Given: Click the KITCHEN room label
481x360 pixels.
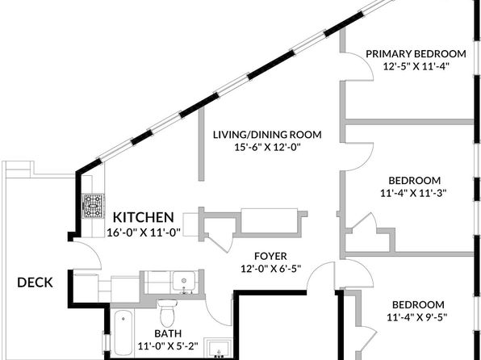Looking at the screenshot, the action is pos(144,217).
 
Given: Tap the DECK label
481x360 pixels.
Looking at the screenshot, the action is pos(35,283).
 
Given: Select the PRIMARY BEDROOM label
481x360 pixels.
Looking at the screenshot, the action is pos(416,54).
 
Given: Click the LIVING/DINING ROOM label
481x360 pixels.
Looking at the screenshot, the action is pos(267,135).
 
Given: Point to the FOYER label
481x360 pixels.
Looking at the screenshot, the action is pos(270,256).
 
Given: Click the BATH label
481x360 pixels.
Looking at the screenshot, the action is pos(168,333).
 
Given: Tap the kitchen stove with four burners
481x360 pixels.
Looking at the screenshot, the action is pos(94,206).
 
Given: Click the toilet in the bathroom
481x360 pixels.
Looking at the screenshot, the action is pos(167,312).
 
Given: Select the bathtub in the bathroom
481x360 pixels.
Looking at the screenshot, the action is pos(123,333).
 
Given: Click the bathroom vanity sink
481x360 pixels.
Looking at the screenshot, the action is pos(219,349).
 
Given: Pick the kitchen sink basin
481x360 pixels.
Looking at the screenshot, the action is pos(183,281).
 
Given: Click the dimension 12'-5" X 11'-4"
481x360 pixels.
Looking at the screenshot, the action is pos(416,66).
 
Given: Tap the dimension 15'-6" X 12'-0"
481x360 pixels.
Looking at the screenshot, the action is pos(267,148).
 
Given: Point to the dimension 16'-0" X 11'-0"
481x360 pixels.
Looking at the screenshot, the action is pos(144,232).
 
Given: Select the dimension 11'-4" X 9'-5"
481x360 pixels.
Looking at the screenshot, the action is pos(416,317).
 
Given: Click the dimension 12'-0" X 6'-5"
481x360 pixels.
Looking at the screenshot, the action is pos(270,269).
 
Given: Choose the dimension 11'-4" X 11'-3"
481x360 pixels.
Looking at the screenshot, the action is pos(413,193).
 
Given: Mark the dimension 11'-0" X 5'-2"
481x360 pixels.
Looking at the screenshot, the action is pos(168,346).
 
